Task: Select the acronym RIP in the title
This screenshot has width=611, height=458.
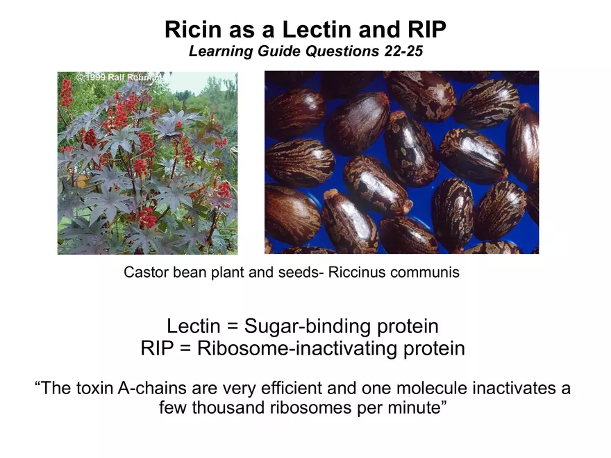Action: [x=427, y=30]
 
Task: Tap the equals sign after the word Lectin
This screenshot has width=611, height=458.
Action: [x=232, y=326]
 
